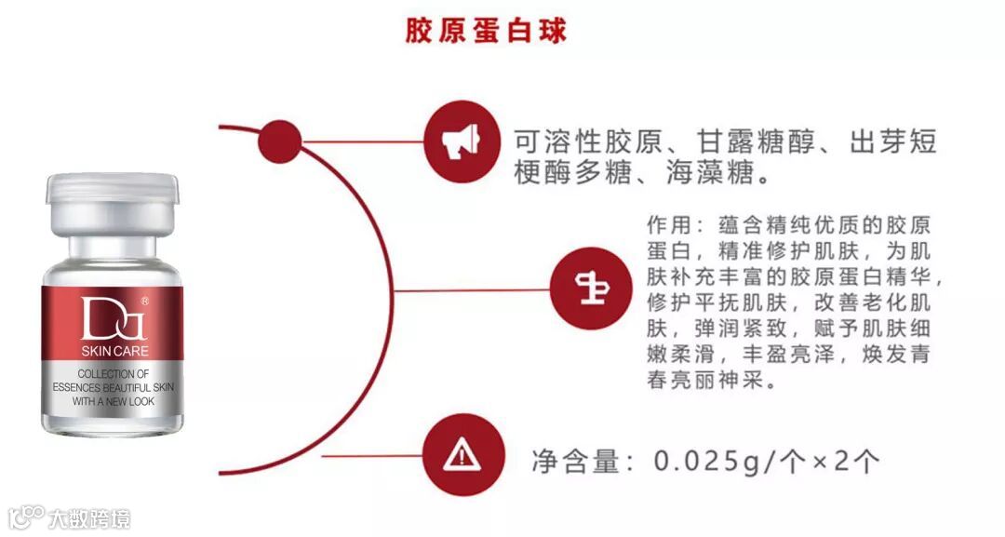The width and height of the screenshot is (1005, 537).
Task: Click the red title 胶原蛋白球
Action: click(x=486, y=30)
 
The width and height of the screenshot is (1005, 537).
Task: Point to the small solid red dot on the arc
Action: click(x=276, y=142)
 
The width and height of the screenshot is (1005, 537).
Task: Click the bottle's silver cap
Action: click(x=111, y=203)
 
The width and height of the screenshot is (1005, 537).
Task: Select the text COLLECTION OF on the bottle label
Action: click(x=114, y=372)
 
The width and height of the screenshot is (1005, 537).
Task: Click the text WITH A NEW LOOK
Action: click(x=114, y=401)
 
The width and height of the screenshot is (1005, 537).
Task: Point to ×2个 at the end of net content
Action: click(x=842, y=460)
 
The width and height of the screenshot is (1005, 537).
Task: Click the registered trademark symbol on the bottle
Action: click(x=144, y=302)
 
